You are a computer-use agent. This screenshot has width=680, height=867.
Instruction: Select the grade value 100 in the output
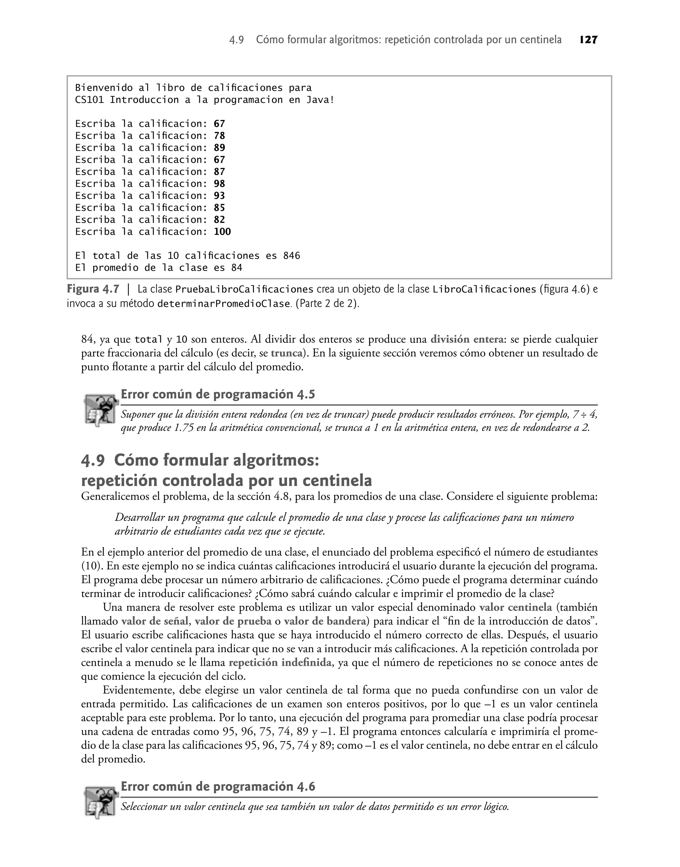[x=222, y=232]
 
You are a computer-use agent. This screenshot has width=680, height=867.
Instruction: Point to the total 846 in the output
[x=292, y=256]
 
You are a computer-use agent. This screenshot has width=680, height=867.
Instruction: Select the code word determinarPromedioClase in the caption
[x=223, y=304]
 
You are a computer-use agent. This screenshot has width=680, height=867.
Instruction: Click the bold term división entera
[x=467, y=340]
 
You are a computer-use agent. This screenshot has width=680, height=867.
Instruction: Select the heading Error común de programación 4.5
[x=218, y=394]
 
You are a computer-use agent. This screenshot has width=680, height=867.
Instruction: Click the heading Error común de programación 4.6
[x=218, y=787]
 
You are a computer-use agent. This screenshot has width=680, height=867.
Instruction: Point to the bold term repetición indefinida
[x=280, y=662]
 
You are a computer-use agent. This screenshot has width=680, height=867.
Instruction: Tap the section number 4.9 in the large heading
[x=93, y=461]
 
